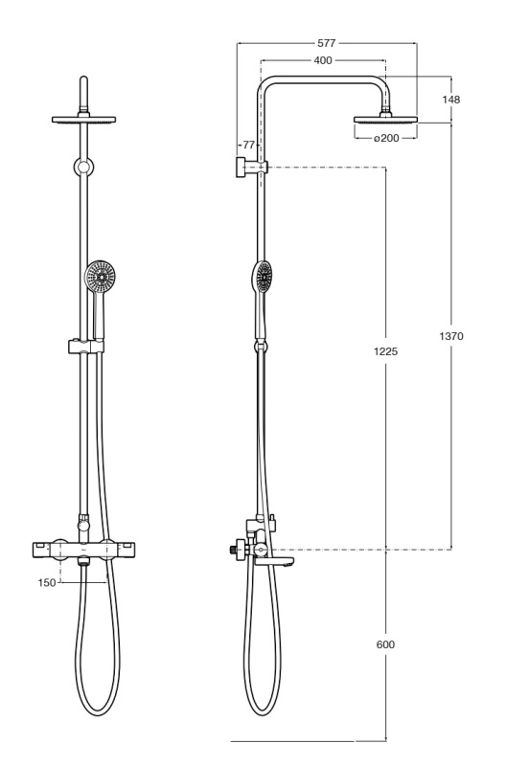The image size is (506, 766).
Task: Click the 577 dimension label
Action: tap(327, 43)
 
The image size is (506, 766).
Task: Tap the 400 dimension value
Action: tap(323, 60)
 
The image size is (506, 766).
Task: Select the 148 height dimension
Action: tap(450, 100)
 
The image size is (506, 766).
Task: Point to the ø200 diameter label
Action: tap(386, 138)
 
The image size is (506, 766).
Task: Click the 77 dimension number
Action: tap(249, 145)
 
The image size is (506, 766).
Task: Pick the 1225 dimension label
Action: tap(386, 351)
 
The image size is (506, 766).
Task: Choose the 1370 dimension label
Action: tap(451, 336)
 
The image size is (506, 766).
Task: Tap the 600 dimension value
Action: tap(385, 644)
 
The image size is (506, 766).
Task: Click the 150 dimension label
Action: tap(47, 582)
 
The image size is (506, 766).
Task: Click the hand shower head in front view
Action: tap(101, 276)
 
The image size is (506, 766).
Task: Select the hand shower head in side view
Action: tap(263, 277)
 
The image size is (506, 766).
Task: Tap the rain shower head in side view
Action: tap(386, 119)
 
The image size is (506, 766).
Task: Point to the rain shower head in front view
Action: tap(83, 119)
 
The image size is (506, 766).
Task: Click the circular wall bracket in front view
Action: tap(84, 168)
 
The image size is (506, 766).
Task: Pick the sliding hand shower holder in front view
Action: tap(86, 347)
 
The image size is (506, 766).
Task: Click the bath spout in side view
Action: tap(274, 561)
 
